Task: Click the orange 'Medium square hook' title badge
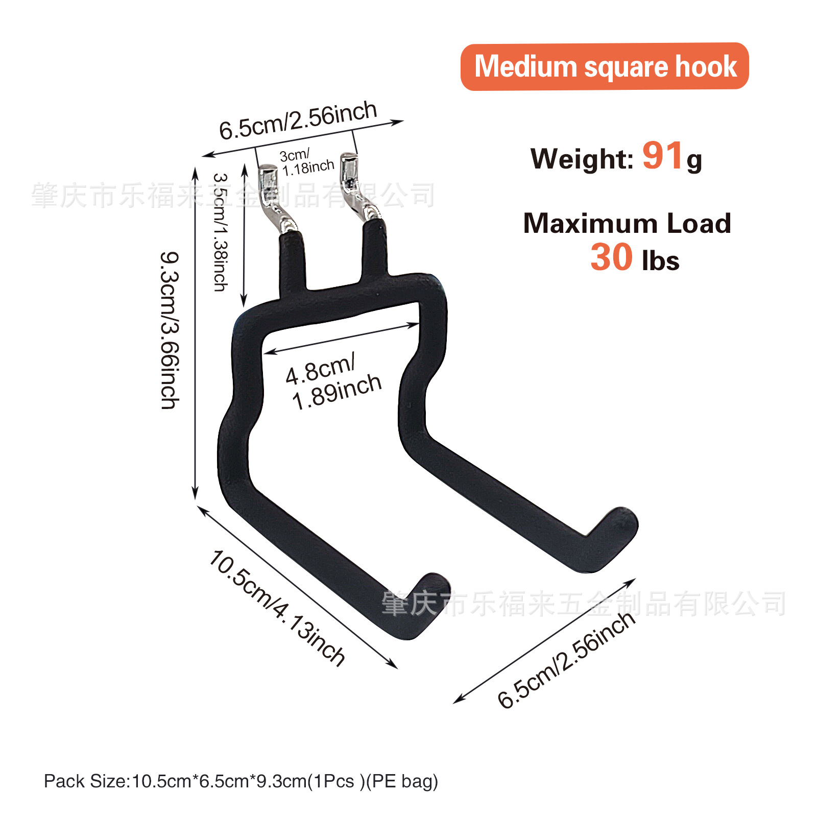coord(605,67)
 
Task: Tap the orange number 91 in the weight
coord(662,155)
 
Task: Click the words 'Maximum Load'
coord(627,224)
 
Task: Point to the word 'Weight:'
coord(582,158)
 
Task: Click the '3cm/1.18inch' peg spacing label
coord(307,162)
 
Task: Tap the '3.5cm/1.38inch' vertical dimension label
coord(221,232)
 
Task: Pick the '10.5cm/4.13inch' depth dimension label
coord(277,608)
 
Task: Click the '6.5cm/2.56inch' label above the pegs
coord(298,121)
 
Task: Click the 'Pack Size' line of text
coord(241,781)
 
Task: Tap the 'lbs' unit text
coord(661,261)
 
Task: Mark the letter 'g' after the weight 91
coord(694,161)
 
